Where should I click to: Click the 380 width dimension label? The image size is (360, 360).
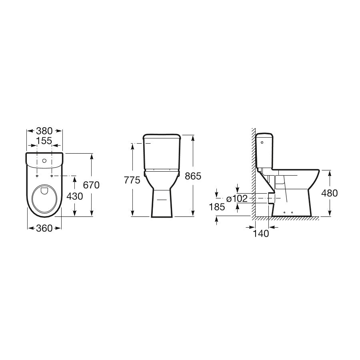pyautogui.click(x=44, y=131)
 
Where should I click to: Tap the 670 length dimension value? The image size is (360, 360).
pyautogui.click(x=91, y=185)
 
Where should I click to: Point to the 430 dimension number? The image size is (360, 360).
pyautogui.click(x=74, y=196)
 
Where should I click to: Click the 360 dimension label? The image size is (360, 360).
pyautogui.click(x=44, y=228)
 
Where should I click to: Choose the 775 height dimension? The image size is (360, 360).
pyautogui.click(x=132, y=180)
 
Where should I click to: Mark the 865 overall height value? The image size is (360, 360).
pyautogui.click(x=193, y=176)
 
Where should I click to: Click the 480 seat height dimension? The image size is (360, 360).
pyautogui.click(x=330, y=193)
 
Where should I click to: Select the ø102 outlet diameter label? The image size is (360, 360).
pyautogui.click(x=237, y=198)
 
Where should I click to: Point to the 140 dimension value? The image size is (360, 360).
pyautogui.click(x=261, y=234)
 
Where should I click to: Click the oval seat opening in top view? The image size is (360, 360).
pyautogui.click(x=44, y=198)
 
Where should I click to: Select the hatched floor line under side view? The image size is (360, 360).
pyautogui.click(x=286, y=219)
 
